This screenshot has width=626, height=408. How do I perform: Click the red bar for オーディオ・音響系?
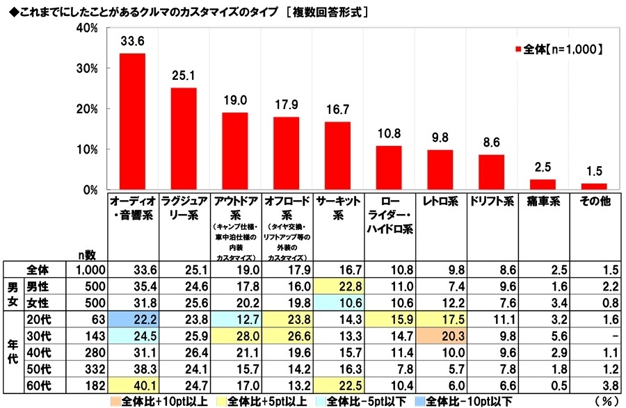pyautogui.click(x=132, y=122)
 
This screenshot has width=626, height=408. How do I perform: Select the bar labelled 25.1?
pyautogui.click(x=184, y=139)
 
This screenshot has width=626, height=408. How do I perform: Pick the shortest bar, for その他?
pyautogui.click(x=593, y=186)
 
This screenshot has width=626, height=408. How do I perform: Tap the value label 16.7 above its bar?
pyautogui.click(x=337, y=110)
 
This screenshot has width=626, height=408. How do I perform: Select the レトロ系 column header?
pyautogui.click(x=440, y=202)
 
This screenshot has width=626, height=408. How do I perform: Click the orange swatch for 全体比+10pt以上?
pyautogui.click(x=117, y=400)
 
